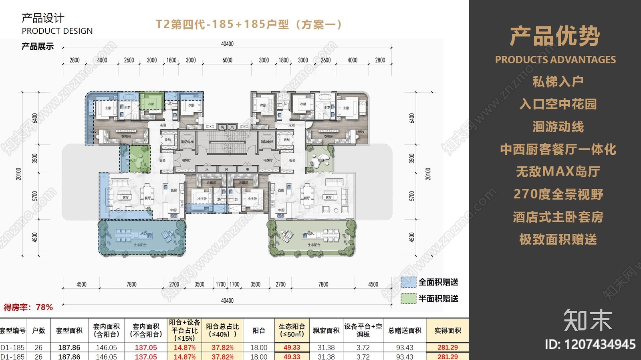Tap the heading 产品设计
click(x=43, y=18)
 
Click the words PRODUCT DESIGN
click(x=57, y=31)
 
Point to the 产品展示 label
click(x=38, y=47)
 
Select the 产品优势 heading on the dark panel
click(x=555, y=36)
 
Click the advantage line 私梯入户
click(x=558, y=82)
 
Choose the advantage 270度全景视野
click(x=558, y=194)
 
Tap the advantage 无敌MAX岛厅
click(x=558, y=172)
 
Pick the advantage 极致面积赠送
click(x=558, y=240)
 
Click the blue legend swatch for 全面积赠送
click(x=408, y=282)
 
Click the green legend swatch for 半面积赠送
click(x=408, y=299)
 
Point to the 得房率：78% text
click(x=28, y=307)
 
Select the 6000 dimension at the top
click(x=227, y=60)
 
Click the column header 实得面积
click(x=447, y=331)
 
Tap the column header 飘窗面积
click(x=326, y=331)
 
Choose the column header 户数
click(x=38, y=331)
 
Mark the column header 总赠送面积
click(x=405, y=331)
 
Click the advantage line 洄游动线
click(x=558, y=127)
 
